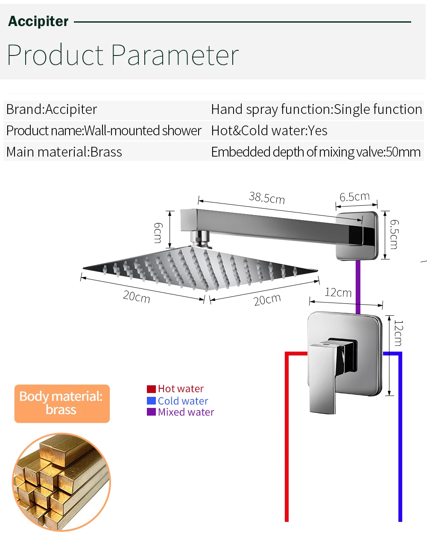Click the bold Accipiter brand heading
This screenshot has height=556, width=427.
click(38, 21)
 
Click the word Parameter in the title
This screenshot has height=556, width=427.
click(175, 55)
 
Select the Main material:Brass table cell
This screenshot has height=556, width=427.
click(64, 152)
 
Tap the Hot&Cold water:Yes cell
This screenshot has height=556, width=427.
click(269, 131)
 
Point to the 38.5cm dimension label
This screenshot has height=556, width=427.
click(267, 198)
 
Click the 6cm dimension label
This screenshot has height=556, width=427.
click(158, 233)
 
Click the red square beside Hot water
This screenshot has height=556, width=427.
click(151, 389)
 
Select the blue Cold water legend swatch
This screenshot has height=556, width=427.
click(151, 401)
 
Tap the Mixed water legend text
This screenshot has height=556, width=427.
click(186, 412)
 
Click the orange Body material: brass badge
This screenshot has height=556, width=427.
click(62, 404)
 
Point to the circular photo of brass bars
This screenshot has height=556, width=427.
click(61, 482)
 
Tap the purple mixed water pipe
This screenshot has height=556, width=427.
click(358, 287)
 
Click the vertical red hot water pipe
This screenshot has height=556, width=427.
click(287, 437)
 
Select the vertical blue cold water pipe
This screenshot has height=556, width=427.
click(401, 437)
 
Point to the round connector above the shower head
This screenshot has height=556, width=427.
click(201, 239)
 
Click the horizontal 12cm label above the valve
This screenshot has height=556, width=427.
click(338, 292)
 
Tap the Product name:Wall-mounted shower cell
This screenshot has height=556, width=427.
click(104, 131)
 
